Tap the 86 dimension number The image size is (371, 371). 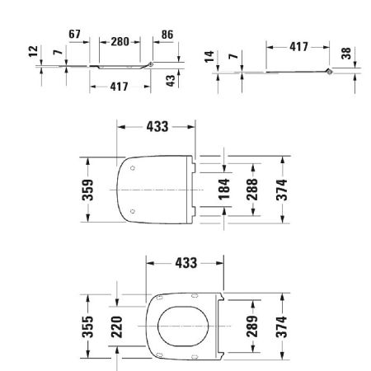coord(168,35)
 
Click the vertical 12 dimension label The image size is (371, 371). coord(32,52)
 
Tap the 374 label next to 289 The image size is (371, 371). coord(281,325)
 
